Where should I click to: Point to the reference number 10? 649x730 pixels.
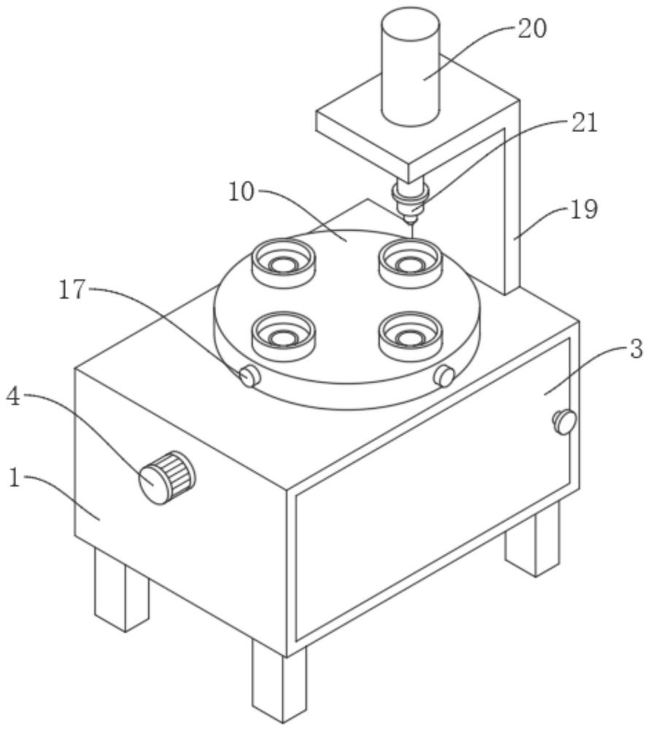click(x=242, y=192)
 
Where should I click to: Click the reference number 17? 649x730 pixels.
click(x=72, y=290)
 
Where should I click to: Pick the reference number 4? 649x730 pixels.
click(x=13, y=397)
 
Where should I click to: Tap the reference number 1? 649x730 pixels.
click(x=15, y=477)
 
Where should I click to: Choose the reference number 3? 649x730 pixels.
click(x=636, y=349)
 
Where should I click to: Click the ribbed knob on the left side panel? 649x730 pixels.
click(x=166, y=477)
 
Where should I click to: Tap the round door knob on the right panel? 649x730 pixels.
click(x=564, y=421)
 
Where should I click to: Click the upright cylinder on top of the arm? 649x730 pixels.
click(x=410, y=68)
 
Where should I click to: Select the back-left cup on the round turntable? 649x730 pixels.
click(x=284, y=262)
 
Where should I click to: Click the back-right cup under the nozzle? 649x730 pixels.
click(x=410, y=262)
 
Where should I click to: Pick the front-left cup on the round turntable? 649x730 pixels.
click(x=283, y=336)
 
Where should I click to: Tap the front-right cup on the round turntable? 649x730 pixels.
click(x=410, y=336)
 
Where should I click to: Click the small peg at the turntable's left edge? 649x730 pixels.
click(x=249, y=375)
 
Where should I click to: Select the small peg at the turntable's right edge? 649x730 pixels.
click(x=445, y=376)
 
